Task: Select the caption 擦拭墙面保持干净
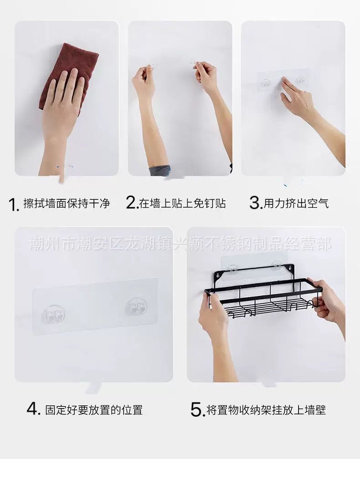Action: click(x=67, y=203)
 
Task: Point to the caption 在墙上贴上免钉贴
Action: click(x=182, y=203)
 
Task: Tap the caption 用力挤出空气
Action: click(x=296, y=203)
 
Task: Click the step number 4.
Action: click(x=33, y=409)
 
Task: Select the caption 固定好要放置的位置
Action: click(x=94, y=409)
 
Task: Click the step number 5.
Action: click(x=196, y=409)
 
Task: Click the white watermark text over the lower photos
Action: click(x=180, y=244)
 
